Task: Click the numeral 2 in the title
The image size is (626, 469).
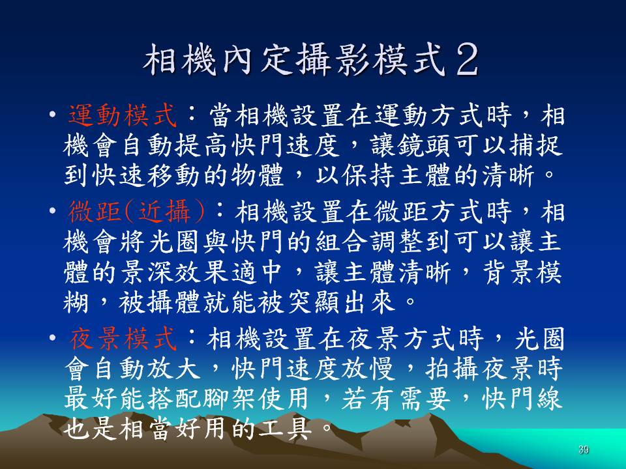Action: tap(467, 59)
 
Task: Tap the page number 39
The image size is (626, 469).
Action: tap(583, 450)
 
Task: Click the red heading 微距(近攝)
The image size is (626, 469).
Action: tap(136, 211)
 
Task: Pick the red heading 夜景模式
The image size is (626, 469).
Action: tap(123, 339)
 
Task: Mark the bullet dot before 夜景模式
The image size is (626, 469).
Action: tap(52, 339)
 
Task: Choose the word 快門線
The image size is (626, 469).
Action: tap(522, 399)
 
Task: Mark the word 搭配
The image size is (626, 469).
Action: tap(173, 399)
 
